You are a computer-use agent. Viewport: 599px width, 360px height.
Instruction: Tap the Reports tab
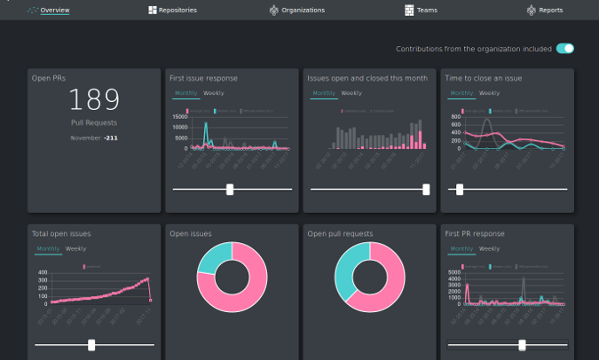point(544,10)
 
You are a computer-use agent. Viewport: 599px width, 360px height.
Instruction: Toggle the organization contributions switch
point(565,49)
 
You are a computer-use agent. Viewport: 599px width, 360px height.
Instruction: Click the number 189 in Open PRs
point(94,99)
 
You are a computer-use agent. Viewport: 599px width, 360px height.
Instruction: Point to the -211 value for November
point(112,138)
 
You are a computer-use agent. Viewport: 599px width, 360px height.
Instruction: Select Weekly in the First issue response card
point(214,93)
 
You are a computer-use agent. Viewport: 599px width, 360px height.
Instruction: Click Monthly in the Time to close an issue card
point(461,93)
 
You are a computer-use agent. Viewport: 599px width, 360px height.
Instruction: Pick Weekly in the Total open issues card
point(76,249)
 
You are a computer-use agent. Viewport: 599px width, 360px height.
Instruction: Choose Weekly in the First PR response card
point(489,249)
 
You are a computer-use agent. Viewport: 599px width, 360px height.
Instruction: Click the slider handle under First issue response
point(231,189)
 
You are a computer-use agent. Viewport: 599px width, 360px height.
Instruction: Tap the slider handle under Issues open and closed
point(426,189)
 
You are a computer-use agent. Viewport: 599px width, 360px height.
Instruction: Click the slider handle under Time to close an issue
point(459,189)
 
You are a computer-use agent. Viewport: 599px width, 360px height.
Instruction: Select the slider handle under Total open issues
point(91,345)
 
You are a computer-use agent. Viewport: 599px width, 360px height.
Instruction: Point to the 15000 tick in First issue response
point(179,117)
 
